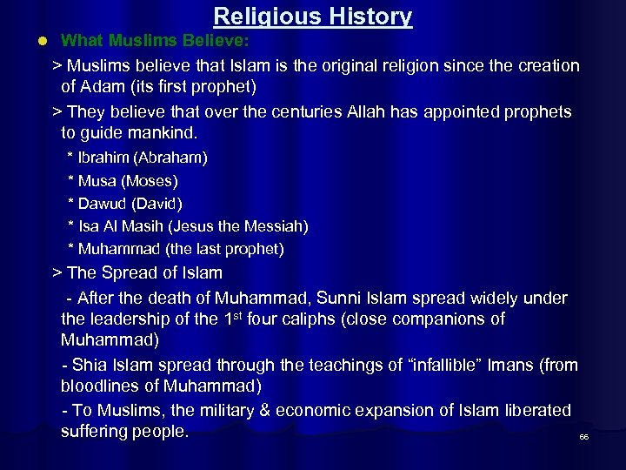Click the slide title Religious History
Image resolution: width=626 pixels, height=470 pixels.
click(x=313, y=16)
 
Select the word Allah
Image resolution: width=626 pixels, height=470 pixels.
click(x=363, y=111)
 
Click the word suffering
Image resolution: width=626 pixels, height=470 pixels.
click(x=94, y=432)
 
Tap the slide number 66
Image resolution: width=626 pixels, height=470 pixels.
click(x=584, y=437)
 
